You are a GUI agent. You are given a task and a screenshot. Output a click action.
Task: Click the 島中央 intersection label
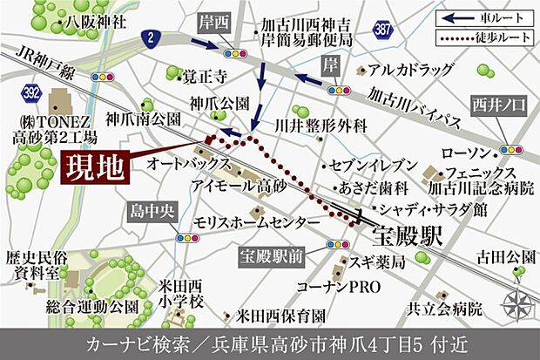pyautogui.click(x=185, y=213)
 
